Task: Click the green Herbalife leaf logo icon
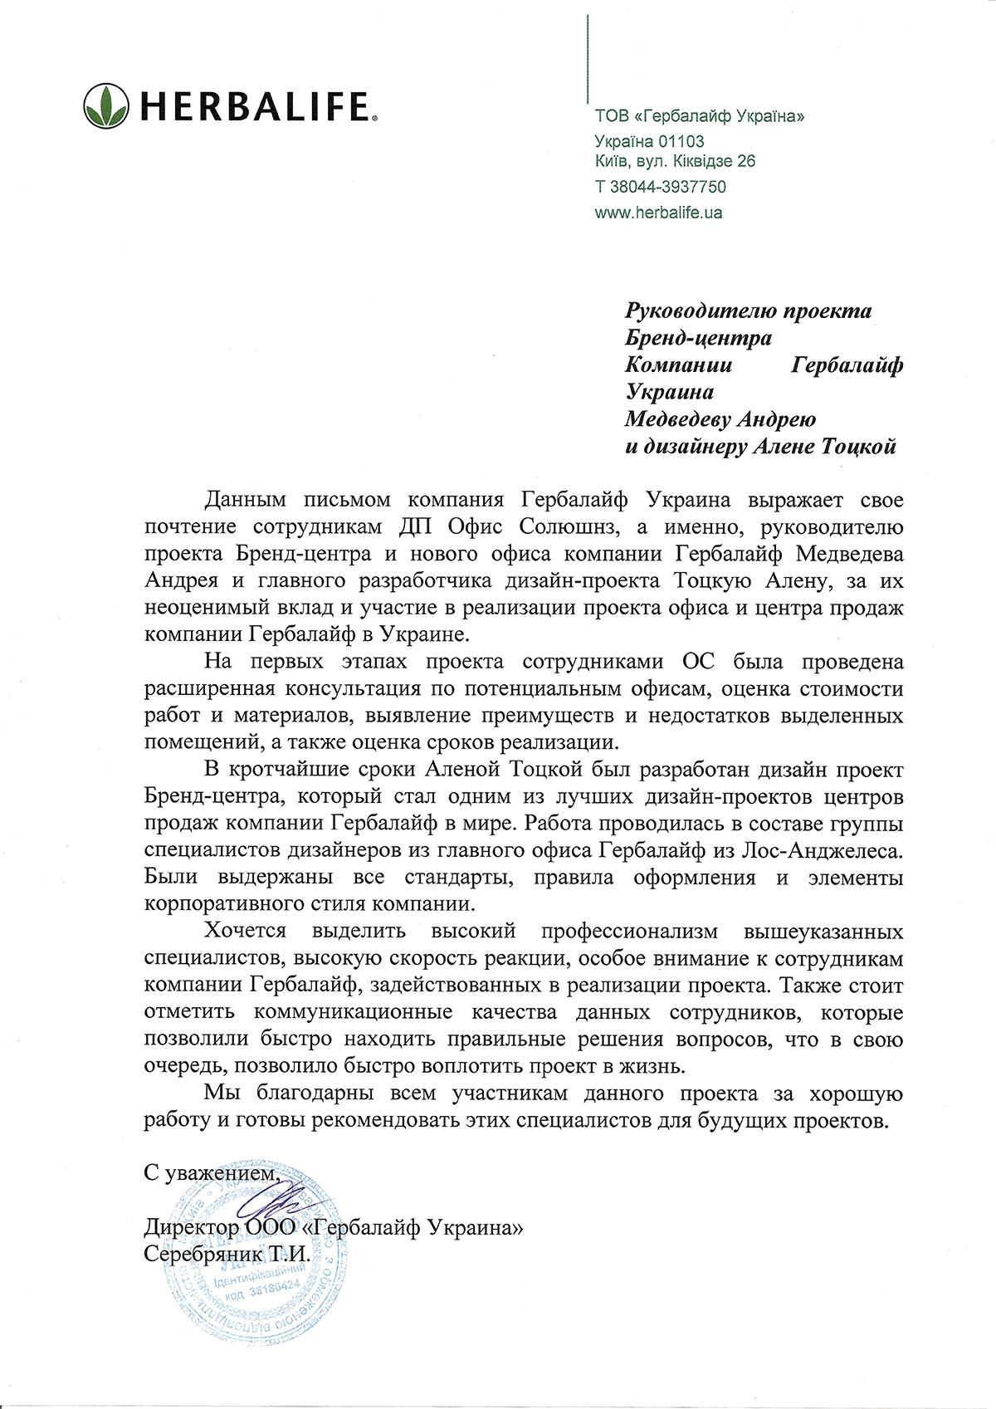coord(106,105)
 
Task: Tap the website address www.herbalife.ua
coord(658,213)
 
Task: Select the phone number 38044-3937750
coord(668,187)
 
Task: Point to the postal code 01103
coord(681,142)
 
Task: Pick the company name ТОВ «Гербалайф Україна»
coord(699,116)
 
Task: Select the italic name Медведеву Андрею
coord(720,419)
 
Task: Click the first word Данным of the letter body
coord(245,500)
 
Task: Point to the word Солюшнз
coord(572,527)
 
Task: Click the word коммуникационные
coord(353,1013)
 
